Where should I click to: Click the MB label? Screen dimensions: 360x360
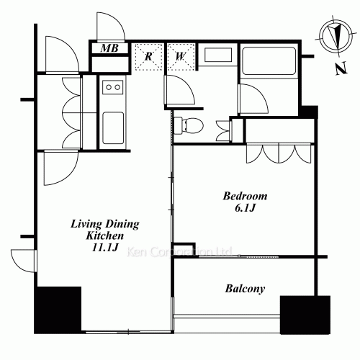click(x=109, y=49)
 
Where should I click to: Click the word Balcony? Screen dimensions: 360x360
click(x=245, y=289)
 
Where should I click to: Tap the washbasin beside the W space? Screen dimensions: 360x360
click(x=216, y=57)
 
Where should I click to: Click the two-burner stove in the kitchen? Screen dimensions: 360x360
click(x=113, y=87)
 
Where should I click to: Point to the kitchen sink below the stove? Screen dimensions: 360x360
click(x=113, y=128)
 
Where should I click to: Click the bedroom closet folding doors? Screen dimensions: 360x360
click(x=279, y=153)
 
